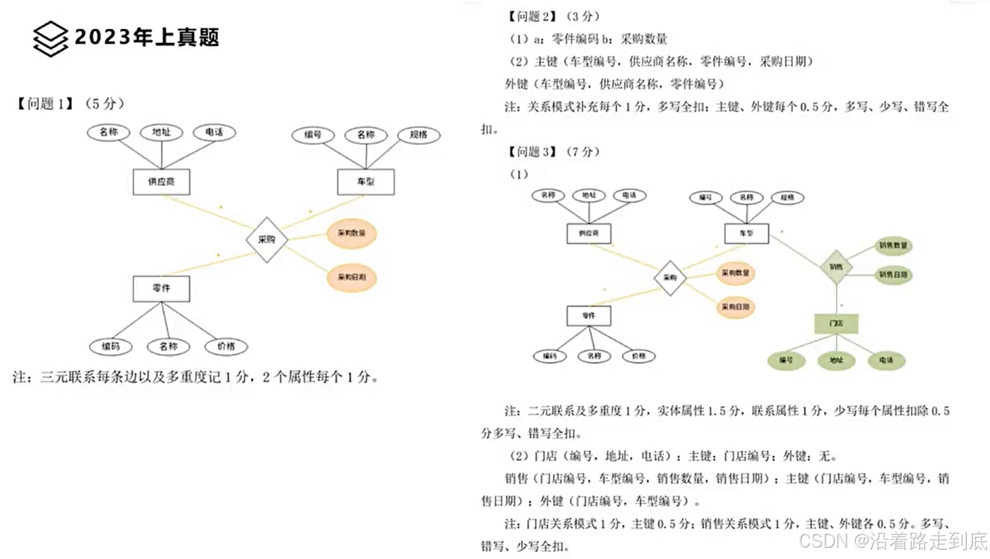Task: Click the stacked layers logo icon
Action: point(50,38)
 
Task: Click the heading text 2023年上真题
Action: point(147,37)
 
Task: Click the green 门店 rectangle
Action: point(836,323)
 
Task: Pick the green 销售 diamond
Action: point(836,267)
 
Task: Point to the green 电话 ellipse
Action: point(885,360)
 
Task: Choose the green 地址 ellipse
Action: point(836,360)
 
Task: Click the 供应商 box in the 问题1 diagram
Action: point(161,182)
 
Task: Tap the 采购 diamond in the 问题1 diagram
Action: point(267,240)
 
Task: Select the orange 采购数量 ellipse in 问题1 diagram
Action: point(352,234)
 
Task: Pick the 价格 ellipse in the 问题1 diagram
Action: point(226,346)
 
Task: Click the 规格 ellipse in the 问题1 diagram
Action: point(418,134)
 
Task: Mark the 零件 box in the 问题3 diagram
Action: point(588,315)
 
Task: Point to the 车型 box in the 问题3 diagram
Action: point(746,233)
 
